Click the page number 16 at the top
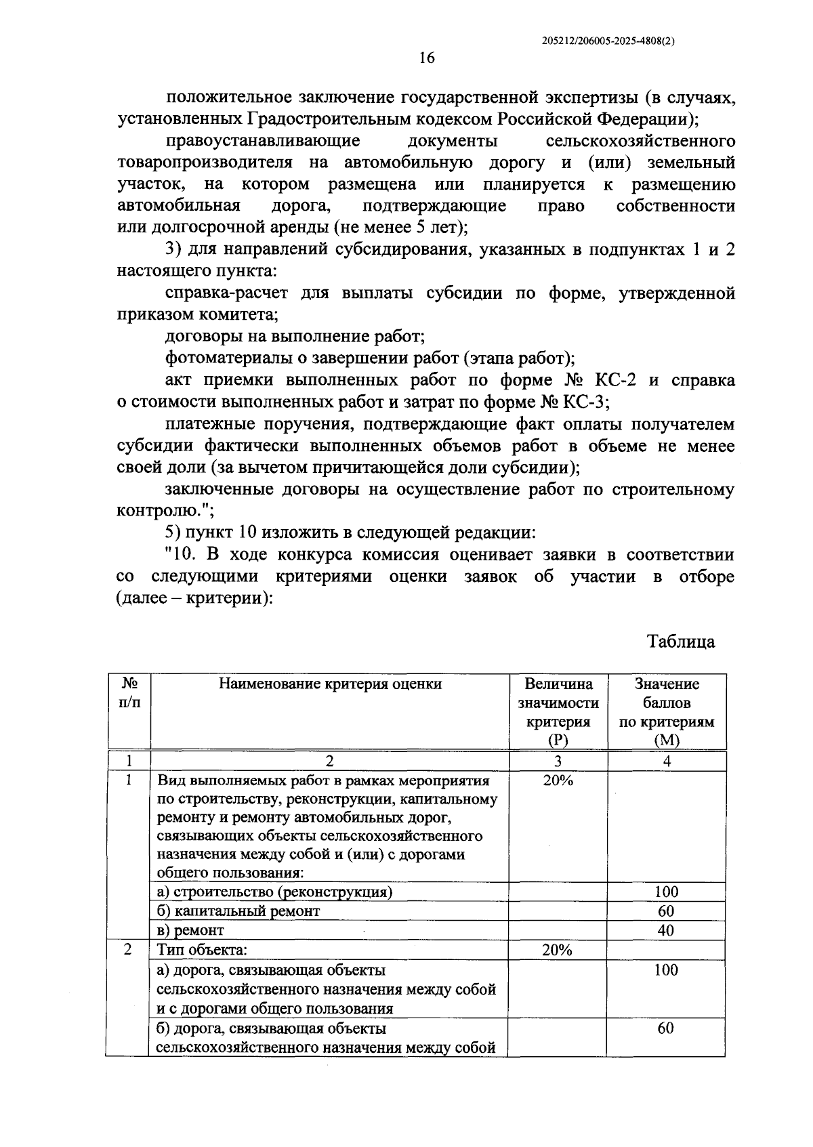[x=426, y=58]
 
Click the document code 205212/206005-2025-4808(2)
[x=609, y=41]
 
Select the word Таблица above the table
[x=681, y=641]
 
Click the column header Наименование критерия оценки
[x=330, y=684]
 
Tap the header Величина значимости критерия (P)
[x=558, y=712]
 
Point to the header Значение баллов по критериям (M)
[x=667, y=712]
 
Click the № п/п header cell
[x=129, y=693]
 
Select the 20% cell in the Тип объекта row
[x=558, y=950]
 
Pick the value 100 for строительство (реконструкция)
[x=666, y=892]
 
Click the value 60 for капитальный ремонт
[x=666, y=911]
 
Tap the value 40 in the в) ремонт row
[x=666, y=930]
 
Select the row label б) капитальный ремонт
[x=238, y=911]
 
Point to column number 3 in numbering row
[x=558, y=761]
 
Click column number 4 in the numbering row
[x=667, y=761]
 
